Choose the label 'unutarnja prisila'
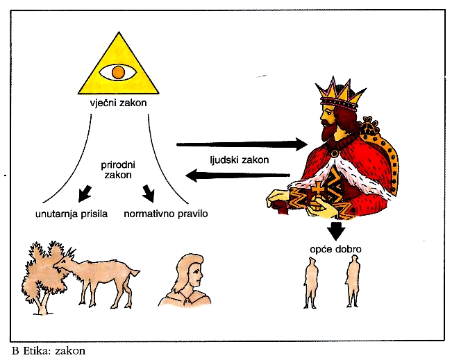tap(70, 214)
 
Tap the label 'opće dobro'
tap(328, 248)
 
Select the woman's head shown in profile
tap(188, 274)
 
